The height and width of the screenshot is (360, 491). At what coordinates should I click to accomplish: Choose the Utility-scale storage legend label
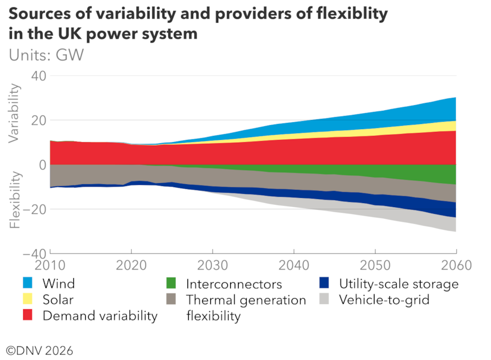point(398,283)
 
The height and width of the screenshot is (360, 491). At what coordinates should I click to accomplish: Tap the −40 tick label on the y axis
point(34,253)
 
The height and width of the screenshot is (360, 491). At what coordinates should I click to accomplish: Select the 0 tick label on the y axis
point(42,164)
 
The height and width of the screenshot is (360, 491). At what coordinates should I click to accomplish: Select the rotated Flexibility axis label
point(15,201)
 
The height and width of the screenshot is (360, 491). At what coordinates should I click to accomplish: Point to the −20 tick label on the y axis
point(34,209)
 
